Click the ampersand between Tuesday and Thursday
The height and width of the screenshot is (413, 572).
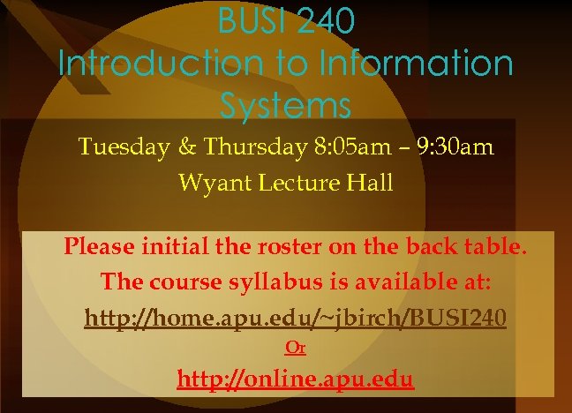184,146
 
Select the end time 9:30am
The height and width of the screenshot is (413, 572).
451,146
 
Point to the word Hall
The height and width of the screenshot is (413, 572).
371,184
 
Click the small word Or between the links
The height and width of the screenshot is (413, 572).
295,349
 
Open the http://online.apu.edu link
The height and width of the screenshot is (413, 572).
295,380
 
